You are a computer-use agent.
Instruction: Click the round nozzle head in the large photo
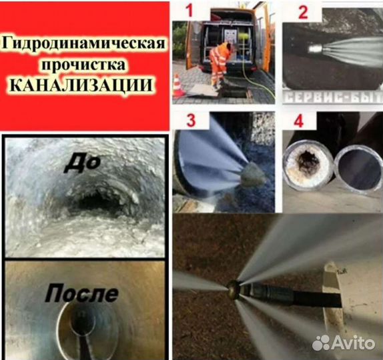pos(234,288)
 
